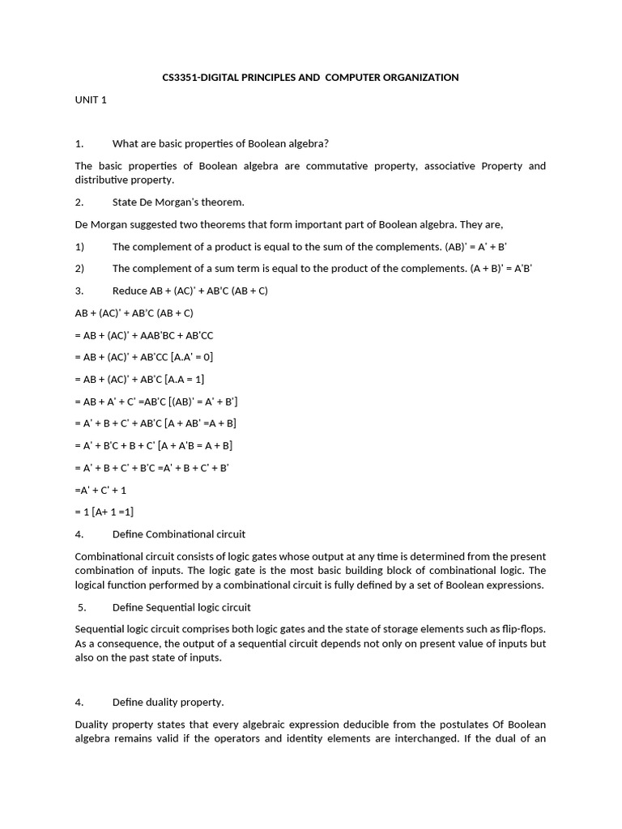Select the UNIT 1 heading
[x=91, y=100]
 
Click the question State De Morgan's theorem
[x=178, y=202]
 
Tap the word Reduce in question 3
[x=130, y=291]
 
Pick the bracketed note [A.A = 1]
[x=185, y=379]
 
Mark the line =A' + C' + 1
[x=100, y=490]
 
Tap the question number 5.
[x=82, y=607]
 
